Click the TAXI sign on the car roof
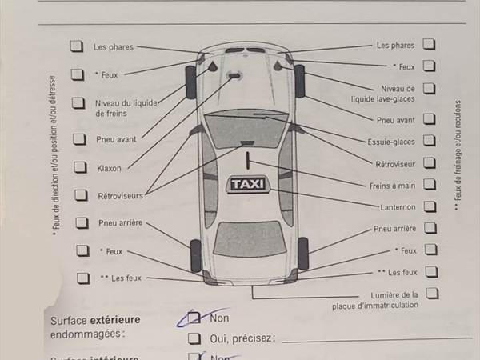pos(248,184)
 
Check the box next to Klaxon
pos(80,167)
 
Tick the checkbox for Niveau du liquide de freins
pos(78,103)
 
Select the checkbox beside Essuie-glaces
pos(430,142)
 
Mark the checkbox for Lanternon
pos(430,206)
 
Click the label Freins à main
pos(392,186)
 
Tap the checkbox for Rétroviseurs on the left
pos(81,195)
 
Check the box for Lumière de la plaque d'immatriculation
pos(432,294)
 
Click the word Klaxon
pos(109,168)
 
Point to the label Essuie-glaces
pos(390,142)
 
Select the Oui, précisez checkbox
pos(194,338)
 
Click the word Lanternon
pos(398,207)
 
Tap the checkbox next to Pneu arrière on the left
pos(82,223)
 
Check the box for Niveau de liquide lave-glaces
pos(430,88)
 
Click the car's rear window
pos(249,238)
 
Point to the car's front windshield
pos(246,128)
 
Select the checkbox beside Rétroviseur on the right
pos(430,163)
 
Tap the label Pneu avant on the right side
pos(395,120)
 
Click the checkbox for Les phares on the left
pos(77,46)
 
